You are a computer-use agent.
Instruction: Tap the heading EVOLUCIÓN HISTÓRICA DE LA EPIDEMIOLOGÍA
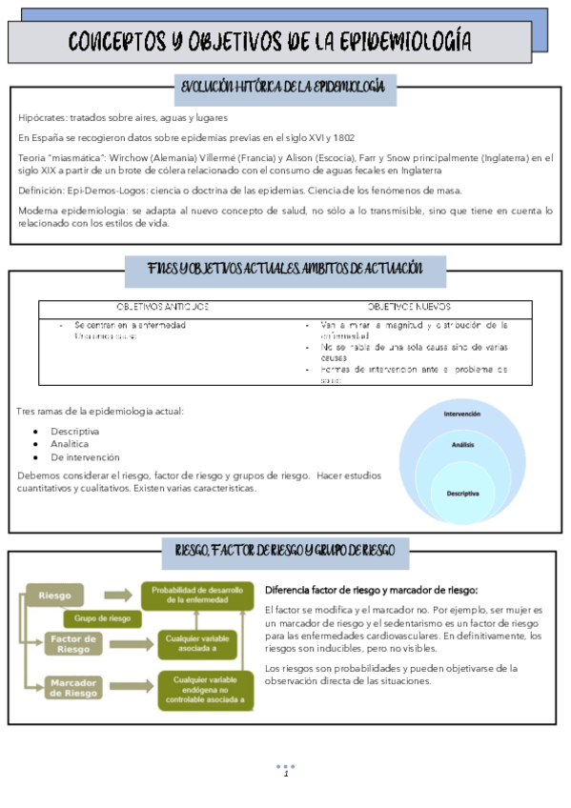pos(282,88)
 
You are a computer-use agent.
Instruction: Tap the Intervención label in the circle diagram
pos(461,414)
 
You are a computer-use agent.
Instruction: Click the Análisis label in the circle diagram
pos(462,445)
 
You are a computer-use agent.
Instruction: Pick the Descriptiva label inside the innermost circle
pos(462,493)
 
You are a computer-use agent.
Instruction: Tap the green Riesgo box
pos(55,596)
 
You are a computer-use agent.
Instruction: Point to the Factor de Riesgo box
pos(72,643)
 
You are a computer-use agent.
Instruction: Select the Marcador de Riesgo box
pos(72,688)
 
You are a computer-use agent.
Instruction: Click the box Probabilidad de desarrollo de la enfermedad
pos(198,595)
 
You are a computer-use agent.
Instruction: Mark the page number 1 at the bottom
pos(285,774)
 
